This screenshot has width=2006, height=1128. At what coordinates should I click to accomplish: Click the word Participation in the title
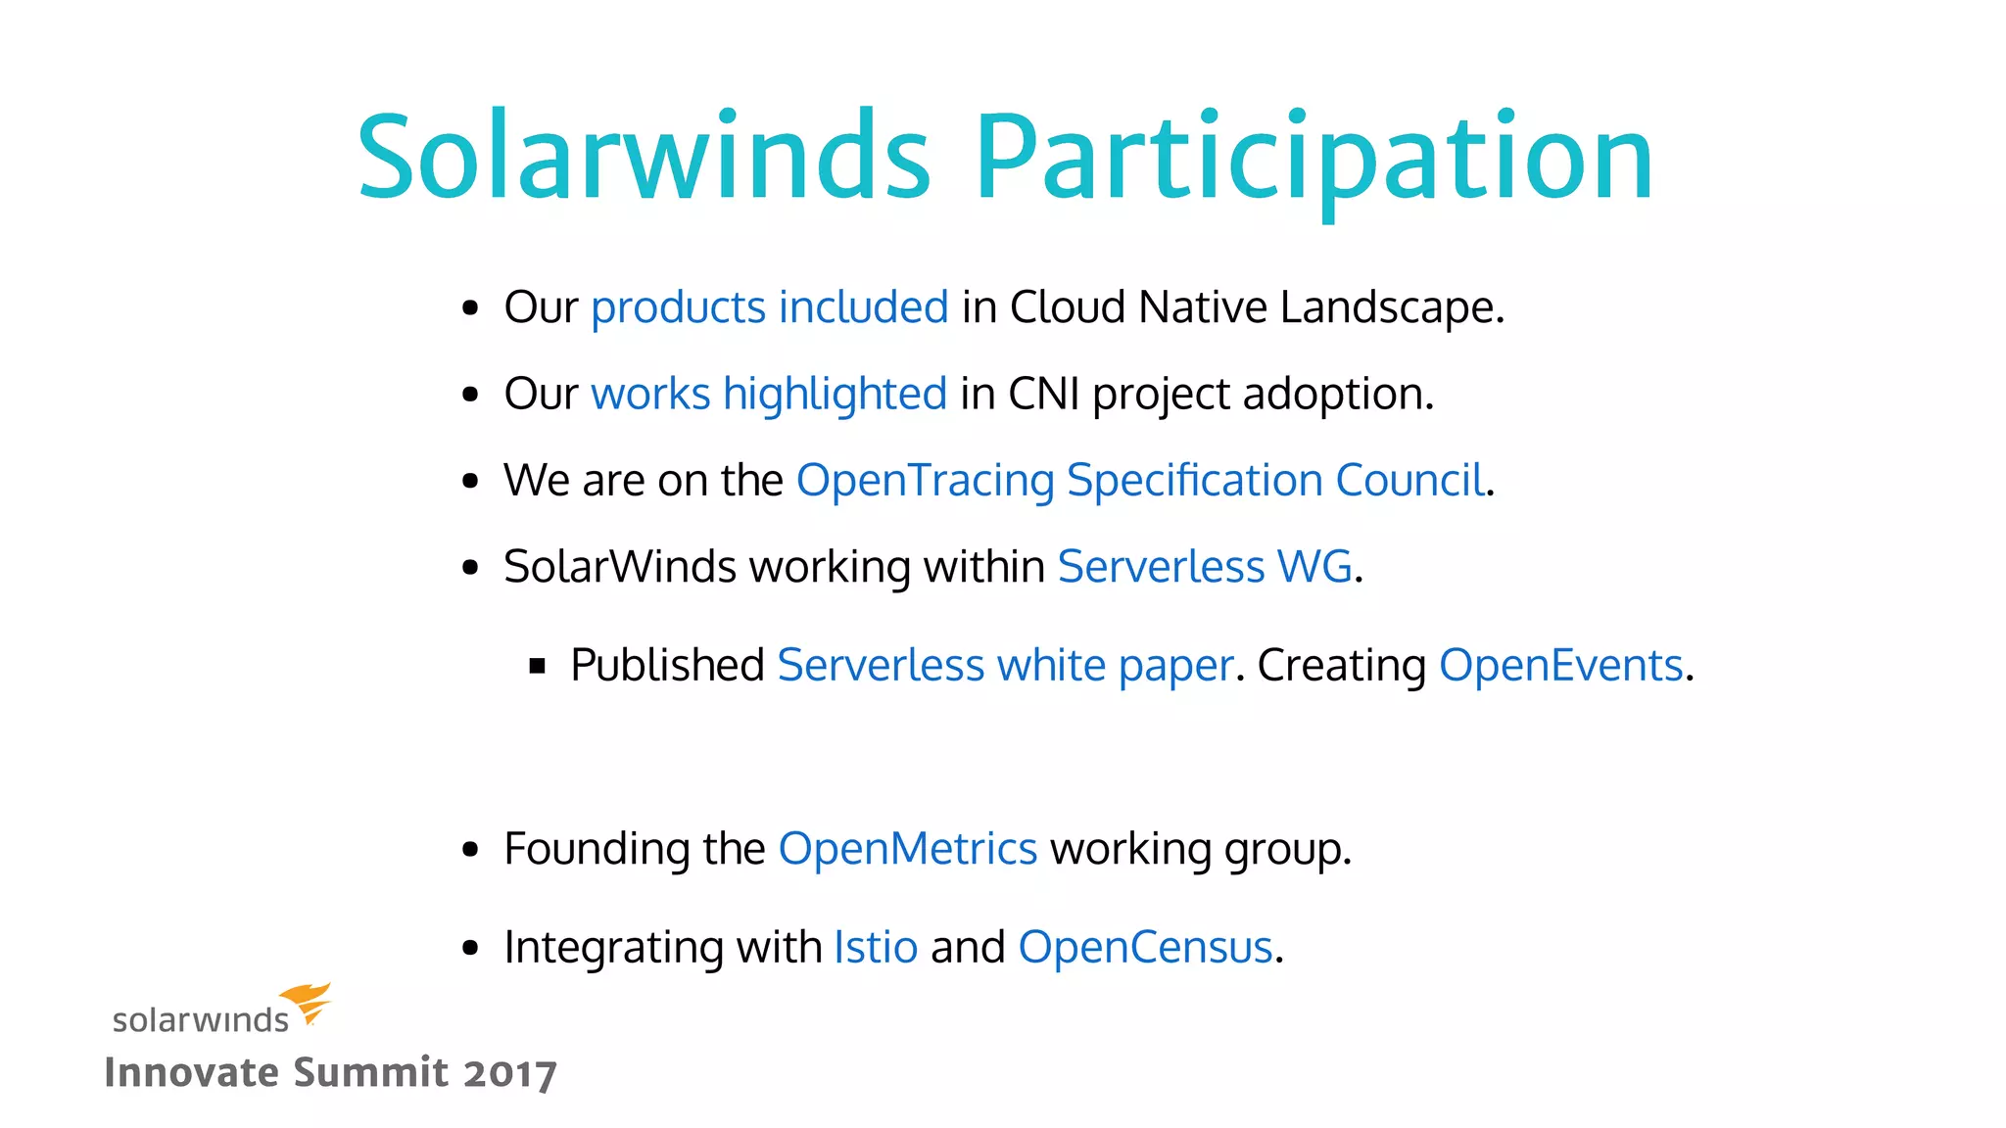(x=1313, y=157)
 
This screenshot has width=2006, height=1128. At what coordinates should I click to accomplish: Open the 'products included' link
(x=770, y=307)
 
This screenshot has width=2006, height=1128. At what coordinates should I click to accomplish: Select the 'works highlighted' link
(x=769, y=394)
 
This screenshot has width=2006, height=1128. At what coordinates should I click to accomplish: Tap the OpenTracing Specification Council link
(x=1140, y=480)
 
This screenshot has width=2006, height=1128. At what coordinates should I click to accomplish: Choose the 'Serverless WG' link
(x=1205, y=566)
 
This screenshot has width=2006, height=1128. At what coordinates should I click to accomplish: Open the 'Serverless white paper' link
(x=1005, y=666)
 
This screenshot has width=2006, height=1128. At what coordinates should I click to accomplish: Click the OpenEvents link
(x=1560, y=666)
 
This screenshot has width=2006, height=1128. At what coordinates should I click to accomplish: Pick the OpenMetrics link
(x=907, y=849)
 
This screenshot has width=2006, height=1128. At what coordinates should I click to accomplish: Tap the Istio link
(x=876, y=947)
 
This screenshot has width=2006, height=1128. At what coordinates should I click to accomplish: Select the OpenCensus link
(x=1145, y=947)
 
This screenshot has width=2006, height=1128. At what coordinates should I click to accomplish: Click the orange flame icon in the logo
(x=309, y=1002)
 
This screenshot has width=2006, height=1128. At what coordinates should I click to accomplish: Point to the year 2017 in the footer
(x=510, y=1073)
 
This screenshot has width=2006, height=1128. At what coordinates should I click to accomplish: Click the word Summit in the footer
(x=371, y=1072)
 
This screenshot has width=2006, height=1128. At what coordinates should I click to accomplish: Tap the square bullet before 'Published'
(x=537, y=667)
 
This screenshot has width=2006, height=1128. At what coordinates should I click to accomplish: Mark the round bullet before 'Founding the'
(x=471, y=849)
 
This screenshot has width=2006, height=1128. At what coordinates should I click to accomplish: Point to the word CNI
(x=1044, y=394)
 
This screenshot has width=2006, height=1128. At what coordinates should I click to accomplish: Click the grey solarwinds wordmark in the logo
(x=201, y=1020)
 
